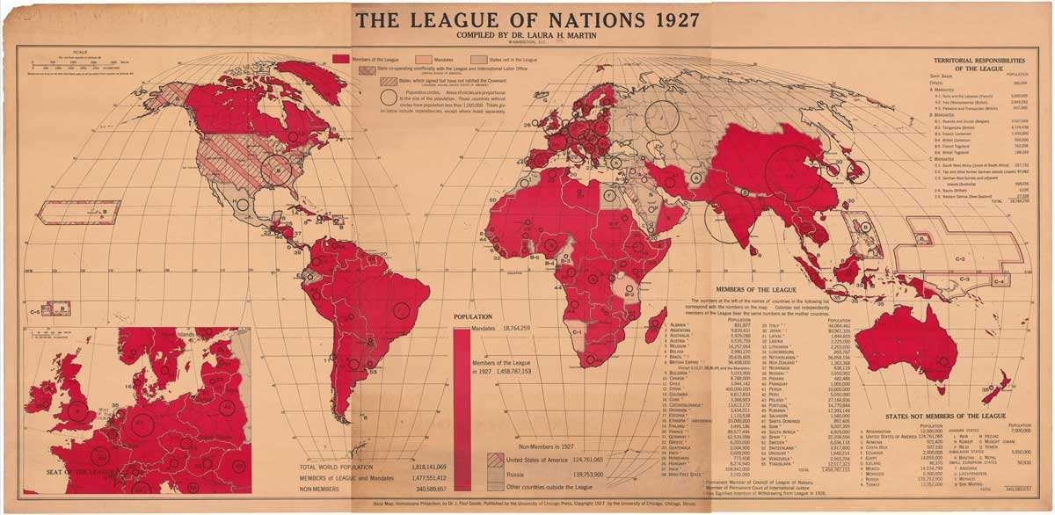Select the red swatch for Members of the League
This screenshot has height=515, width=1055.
point(341,57)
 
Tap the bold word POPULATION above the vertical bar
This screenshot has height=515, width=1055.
point(472,316)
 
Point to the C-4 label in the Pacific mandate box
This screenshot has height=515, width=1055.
point(1000,280)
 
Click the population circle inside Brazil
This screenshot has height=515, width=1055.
point(402,309)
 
